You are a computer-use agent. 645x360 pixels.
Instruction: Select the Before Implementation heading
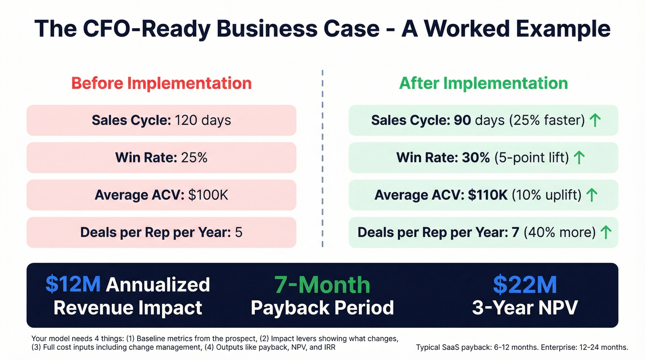[161, 83]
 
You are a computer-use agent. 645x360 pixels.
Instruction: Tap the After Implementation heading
[483, 83]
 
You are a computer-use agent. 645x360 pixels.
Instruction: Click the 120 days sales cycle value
[203, 120]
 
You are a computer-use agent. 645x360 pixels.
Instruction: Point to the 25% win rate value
[194, 158]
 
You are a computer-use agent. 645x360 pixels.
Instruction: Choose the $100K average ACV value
[208, 195]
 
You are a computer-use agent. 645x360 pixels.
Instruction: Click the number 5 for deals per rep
[239, 232]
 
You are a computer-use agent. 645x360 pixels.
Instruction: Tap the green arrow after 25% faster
[595, 121]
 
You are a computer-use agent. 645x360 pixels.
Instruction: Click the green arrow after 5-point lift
[579, 158]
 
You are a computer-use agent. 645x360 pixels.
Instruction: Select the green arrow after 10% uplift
[591, 195]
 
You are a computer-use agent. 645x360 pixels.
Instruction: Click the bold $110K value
[487, 195]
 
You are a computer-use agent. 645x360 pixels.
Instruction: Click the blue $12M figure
[73, 285]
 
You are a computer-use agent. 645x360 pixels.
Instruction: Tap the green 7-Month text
[322, 285]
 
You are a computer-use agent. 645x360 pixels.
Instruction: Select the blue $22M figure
[525, 285]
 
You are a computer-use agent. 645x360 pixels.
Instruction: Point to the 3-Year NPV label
[525, 307]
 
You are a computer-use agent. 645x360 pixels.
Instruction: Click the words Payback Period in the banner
[322, 307]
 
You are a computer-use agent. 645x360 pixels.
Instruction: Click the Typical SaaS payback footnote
[522, 347]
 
